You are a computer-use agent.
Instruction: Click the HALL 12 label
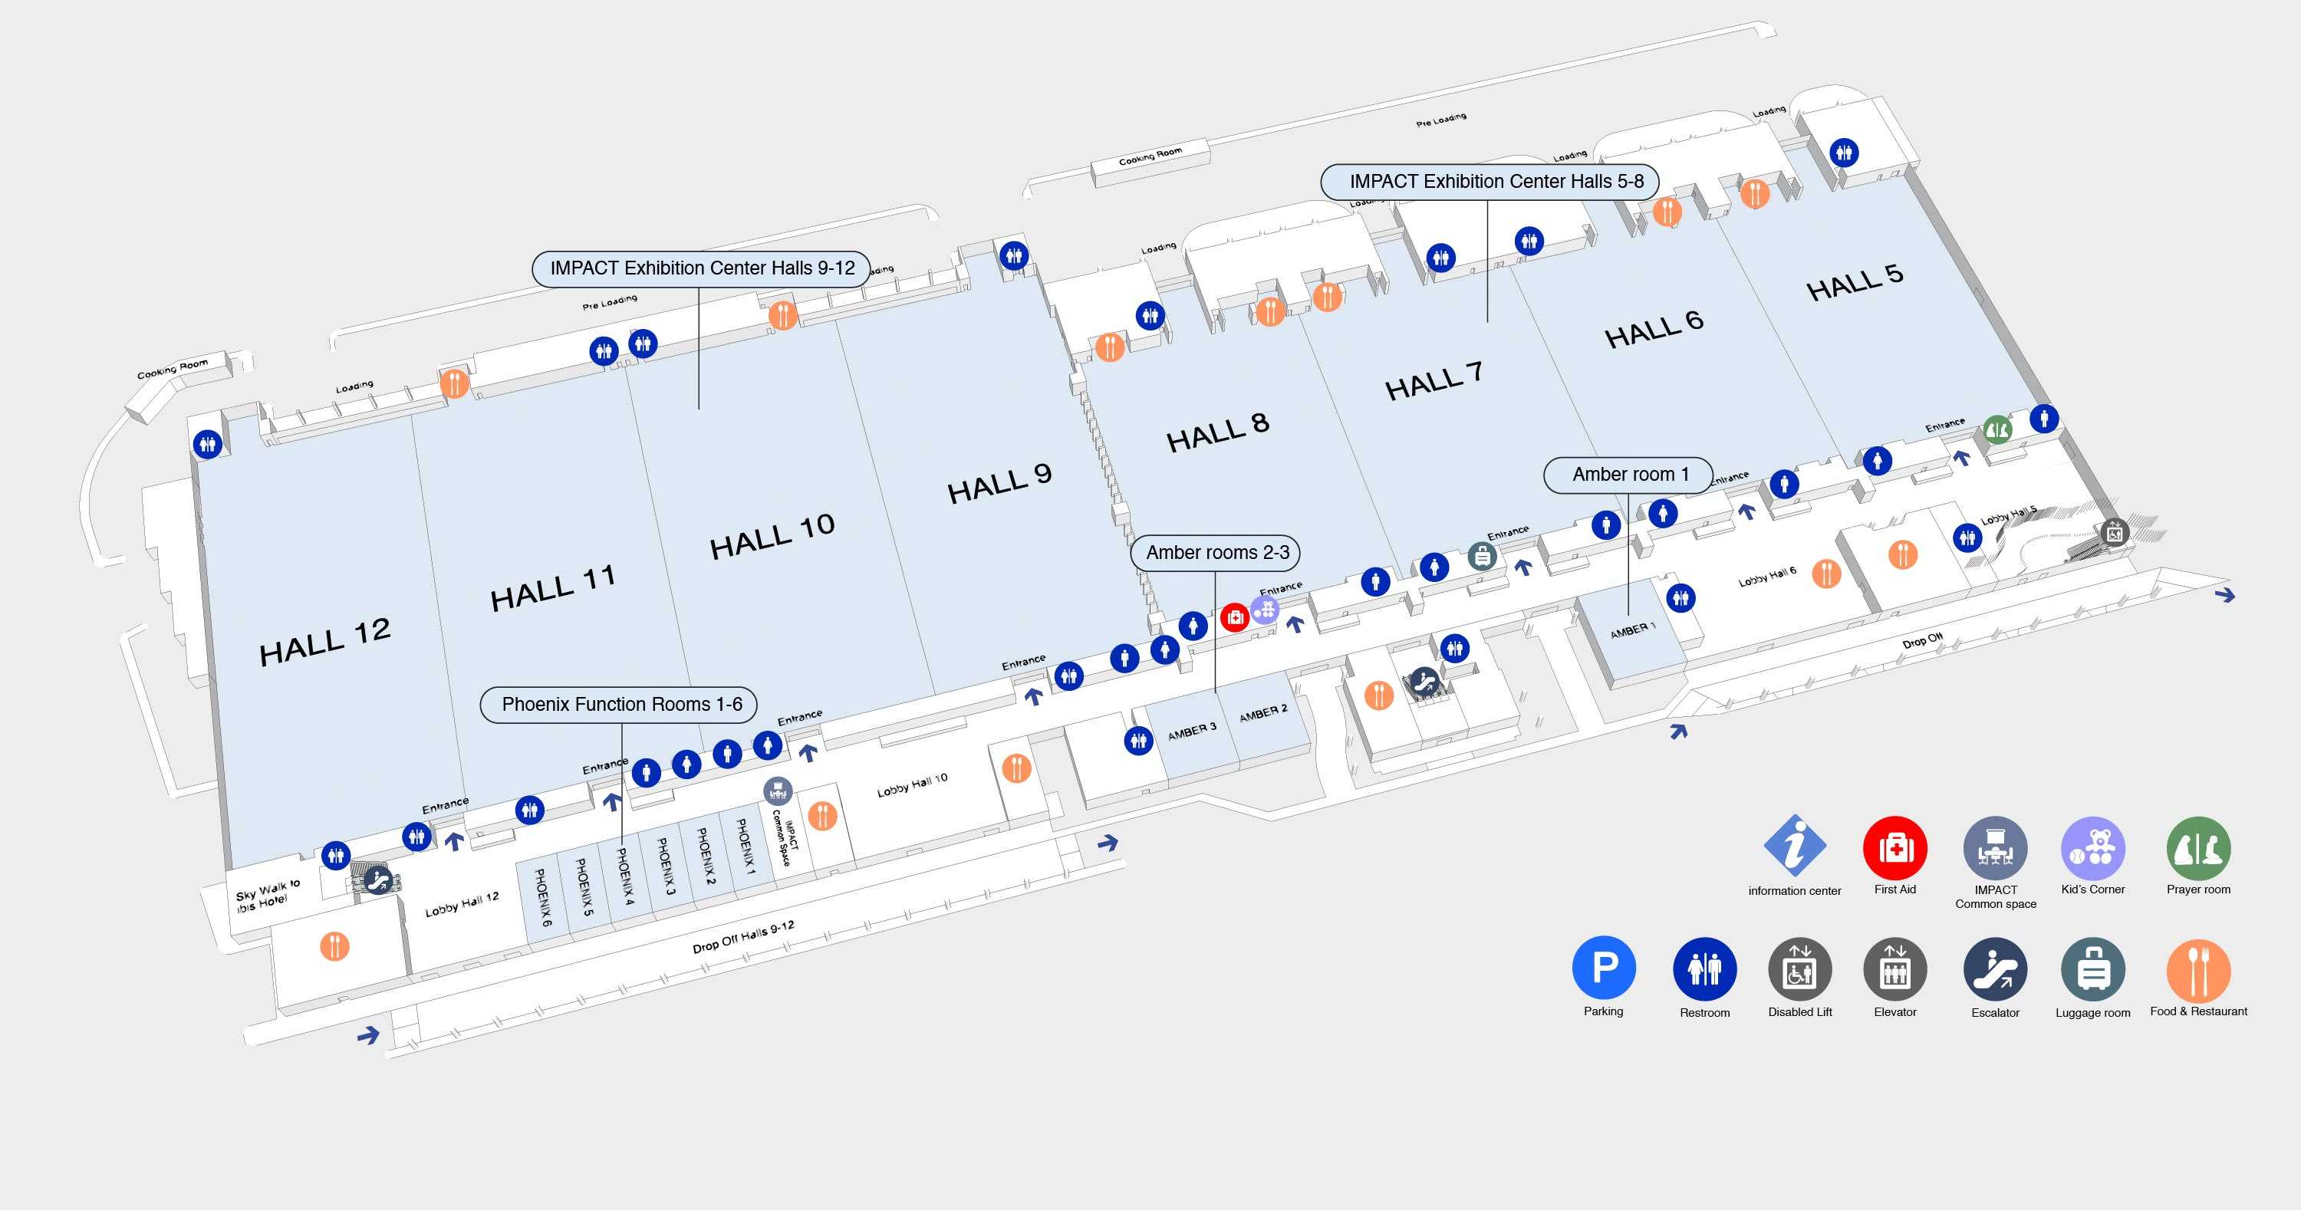(324, 641)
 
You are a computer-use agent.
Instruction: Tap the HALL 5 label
(1855, 282)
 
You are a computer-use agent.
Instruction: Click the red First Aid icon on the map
(1234, 617)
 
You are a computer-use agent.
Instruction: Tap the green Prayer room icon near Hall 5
(1997, 429)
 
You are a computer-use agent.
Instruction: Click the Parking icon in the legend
(1603, 967)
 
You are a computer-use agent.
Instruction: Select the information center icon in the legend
(1795, 845)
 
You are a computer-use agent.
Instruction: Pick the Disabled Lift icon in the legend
(1800, 969)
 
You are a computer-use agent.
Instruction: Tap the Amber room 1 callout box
(1628, 474)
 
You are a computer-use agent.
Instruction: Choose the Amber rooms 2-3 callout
(1216, 553)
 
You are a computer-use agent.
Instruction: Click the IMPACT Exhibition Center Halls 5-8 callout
(1489, 181)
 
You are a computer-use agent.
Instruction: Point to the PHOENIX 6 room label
(543, 896)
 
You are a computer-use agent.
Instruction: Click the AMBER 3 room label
(1192, 732)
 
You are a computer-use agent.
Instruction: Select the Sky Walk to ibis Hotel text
(268, 895)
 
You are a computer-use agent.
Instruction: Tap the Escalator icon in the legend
(1996, 969)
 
